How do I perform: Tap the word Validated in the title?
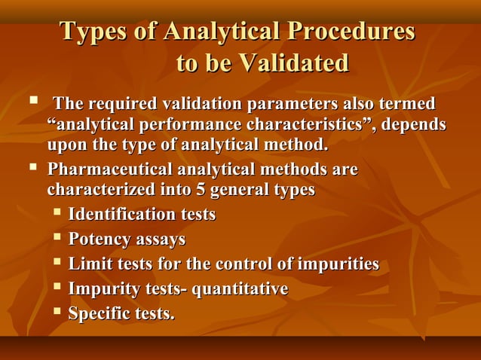point(294,63)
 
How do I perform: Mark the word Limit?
point(87,264)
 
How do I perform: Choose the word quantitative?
point(240,289)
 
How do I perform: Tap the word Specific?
point(98,313)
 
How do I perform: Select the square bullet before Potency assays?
point(57,238)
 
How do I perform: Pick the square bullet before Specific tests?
point(57,311)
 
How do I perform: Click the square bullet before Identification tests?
point(57,213)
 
